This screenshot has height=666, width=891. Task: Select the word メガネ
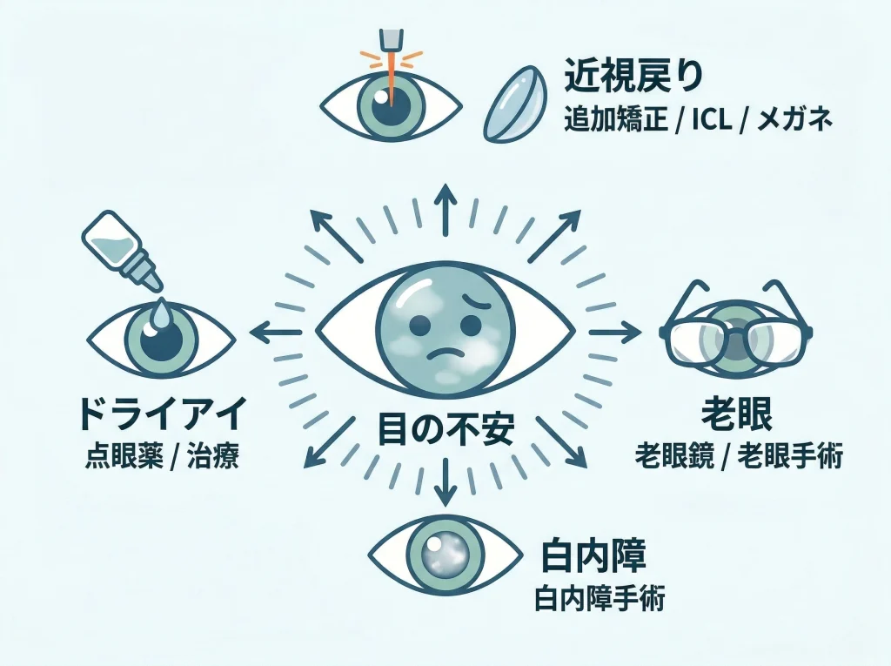coord(795,120)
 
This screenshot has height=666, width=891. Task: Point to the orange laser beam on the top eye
coord(392,79)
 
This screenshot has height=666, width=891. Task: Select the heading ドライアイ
coord(163,414)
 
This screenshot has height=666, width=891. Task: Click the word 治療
coord(214,457)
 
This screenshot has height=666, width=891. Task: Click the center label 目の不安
coord(445,429)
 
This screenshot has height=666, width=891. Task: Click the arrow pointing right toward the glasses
coord(614,333)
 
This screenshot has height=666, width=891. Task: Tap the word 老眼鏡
coord(674,457)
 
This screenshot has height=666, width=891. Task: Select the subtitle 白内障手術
coord(600,599)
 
